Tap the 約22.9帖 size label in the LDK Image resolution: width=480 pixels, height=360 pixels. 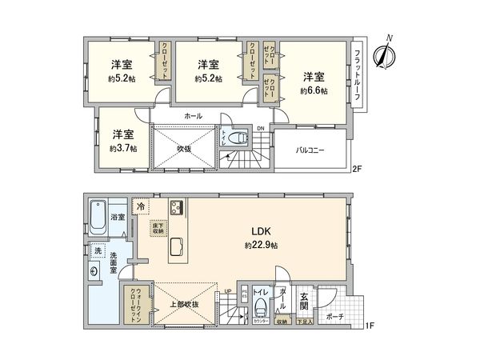[262, 244]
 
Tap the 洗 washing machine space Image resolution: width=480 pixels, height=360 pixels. [98, 251]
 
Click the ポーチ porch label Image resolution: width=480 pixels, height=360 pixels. [334, 315]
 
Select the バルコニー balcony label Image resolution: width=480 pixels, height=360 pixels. [310, 150]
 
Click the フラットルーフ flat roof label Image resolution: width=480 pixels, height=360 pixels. [357, 74]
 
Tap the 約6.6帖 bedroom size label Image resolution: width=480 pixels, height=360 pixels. [314, 90]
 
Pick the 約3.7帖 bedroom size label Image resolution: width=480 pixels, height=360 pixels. [122, 148]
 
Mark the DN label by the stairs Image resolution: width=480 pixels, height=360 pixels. [260, 128]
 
